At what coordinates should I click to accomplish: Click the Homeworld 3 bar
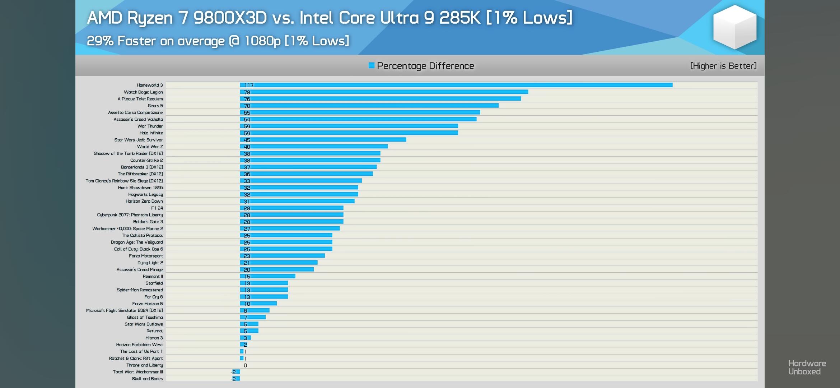click(x=456, y=85)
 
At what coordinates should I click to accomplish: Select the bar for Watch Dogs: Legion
click(x=384, y=92)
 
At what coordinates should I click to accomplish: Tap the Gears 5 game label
click(x=155, y=106)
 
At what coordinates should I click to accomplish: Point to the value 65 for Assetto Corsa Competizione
click(x=247, y=113)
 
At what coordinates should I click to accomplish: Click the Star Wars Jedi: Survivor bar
click(x=323, y=140)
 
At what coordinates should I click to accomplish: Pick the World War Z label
click(x=150, y=147)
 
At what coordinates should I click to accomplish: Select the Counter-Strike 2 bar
click(x=310, y=160)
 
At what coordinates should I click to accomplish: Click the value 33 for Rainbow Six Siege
click(x=247, y=181)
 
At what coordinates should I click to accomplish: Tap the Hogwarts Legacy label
click(x=145, y=194)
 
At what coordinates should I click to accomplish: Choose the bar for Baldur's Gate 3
click(x=291, y=222)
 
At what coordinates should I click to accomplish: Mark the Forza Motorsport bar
click(x=282, y=256)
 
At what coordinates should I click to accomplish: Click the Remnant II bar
click(x=267, y=276)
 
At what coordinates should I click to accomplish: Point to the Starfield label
click(x=154, y=283)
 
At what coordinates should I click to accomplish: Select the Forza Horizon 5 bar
click(x=258, y=304)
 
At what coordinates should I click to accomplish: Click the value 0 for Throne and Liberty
click(x=245, y=365)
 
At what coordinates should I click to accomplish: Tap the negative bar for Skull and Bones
click(x=238, y=379)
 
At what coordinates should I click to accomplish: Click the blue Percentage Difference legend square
click(x=372, y=65)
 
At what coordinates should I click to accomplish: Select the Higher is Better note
click(x=723, y=66)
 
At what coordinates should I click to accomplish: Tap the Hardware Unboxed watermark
click(x=807, y=368)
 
